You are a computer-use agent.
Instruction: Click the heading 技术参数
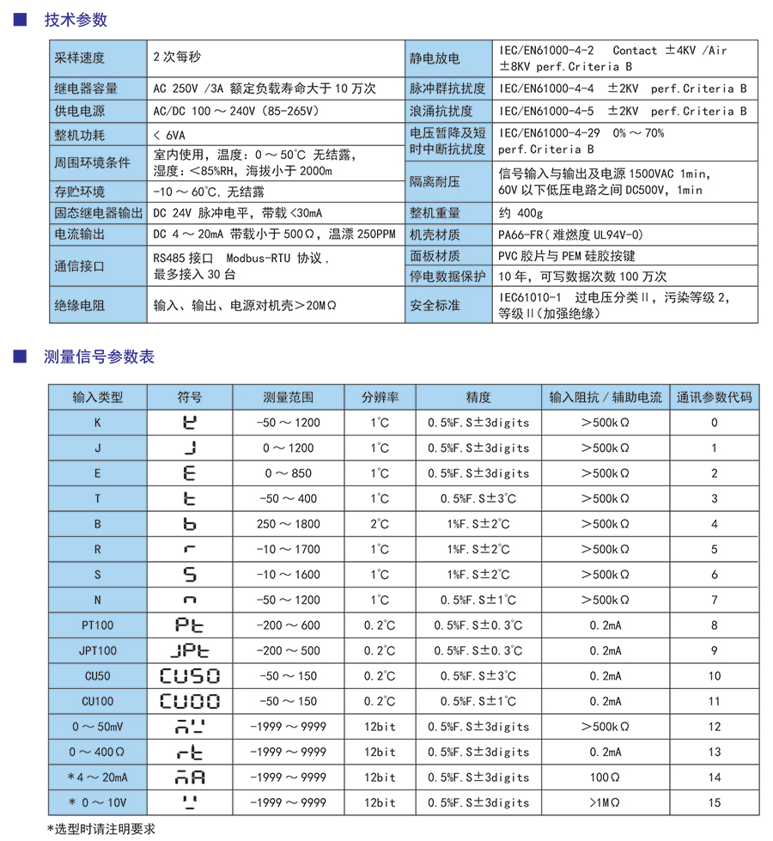coord(76,21)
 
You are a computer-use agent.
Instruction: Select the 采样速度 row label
coord(79,58)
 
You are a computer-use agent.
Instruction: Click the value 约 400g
coord(520,213)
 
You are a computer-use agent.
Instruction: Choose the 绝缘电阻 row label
coord(79,305)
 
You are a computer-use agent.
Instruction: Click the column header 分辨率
coord(380,397)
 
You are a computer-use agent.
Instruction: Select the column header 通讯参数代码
coord(714,397)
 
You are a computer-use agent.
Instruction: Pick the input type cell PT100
coord(98,625)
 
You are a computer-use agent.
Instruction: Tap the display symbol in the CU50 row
coord(190,676)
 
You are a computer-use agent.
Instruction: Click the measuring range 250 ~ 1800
coord(289,524)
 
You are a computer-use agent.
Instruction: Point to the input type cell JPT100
coord(98,651)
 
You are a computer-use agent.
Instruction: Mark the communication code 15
coord(714,803)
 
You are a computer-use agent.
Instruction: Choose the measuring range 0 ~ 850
coord(289,473)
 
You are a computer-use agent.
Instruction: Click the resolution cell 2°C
coord(380,524)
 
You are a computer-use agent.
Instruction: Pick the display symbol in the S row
coord(190,575)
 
